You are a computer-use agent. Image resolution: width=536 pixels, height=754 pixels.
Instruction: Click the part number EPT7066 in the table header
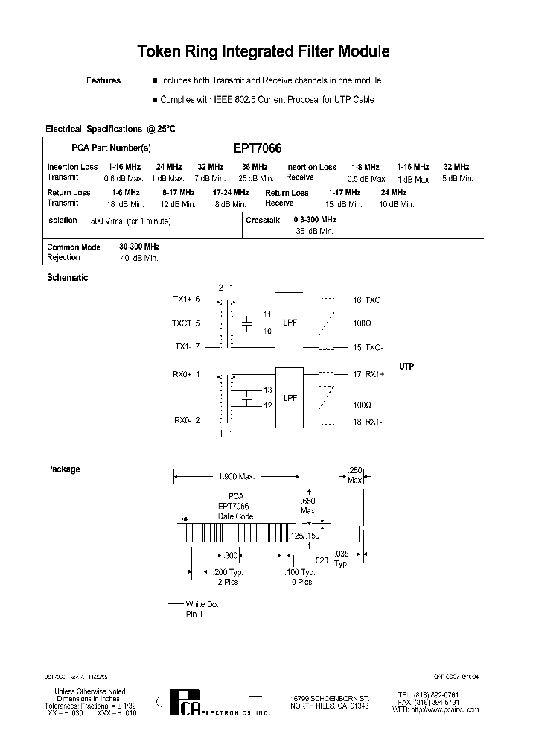click(x=257, y=148)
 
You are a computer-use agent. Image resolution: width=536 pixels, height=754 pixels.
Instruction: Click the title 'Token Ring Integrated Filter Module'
click(x=264, y=51)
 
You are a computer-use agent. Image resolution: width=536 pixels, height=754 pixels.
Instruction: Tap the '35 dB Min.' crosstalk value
click(x=314, y=232)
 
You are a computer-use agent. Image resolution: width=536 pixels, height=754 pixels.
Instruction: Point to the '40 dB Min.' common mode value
click(x=139, y=258)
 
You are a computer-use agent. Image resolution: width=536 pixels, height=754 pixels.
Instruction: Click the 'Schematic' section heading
click(x=67, y=278)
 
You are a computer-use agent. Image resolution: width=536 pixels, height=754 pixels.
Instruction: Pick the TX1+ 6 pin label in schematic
click(x=187, y=300)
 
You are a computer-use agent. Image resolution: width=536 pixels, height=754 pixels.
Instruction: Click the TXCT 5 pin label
click(x=187, y=324)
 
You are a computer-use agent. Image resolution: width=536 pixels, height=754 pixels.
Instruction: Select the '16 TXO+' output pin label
click(x=369, y=300)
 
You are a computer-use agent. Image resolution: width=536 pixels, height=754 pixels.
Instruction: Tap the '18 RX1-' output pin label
click(x=369, y=422)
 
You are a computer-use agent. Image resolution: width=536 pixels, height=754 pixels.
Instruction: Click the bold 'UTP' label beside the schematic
click(x=406, y=367)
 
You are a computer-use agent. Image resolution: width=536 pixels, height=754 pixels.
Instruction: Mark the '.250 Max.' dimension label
click(x=356, y=475)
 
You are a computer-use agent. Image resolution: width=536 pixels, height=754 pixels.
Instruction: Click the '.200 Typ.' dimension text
click(x=228, y=572)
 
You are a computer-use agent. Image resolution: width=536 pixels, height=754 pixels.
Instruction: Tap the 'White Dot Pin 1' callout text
click(x=202, y=609)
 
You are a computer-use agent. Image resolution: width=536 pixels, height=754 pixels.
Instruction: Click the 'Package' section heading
click(x=63, y=469)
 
